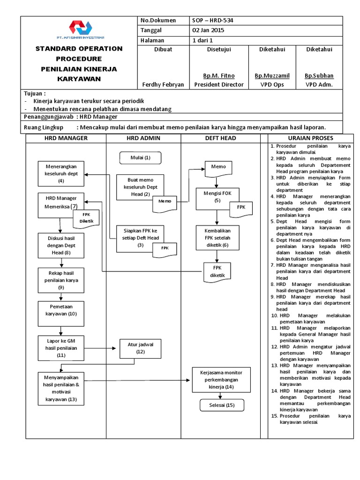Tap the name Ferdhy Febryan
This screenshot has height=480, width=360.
click(163, 84)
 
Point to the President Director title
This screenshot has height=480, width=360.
click(219, 84)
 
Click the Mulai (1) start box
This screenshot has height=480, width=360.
click(141, 157)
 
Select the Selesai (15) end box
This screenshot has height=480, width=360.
click(217, 405)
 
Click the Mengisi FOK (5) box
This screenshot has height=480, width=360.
click(217, 197)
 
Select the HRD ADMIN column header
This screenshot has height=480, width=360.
click(143, 138)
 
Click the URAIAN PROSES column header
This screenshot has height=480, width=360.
click(311, 138)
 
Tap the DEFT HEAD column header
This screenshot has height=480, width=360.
click(220, 138)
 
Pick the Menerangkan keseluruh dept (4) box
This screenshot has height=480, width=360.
click(61, 173)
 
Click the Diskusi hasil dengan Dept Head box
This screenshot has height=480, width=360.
click(61, 246)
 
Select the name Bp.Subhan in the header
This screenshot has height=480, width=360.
click(319, 75)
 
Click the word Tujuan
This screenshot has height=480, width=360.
click(34, 94)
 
